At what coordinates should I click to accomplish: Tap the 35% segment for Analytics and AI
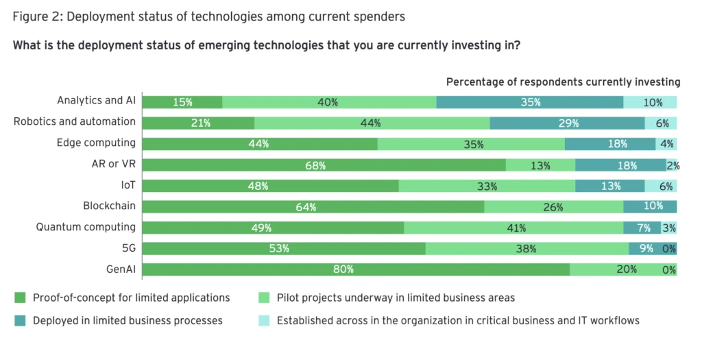click(x=530, y=102)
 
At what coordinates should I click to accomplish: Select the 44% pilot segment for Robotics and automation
click(x=372, y=123)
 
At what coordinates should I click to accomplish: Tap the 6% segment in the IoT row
click(x=661, y=186)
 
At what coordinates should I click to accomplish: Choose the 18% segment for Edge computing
click(x=610, y=144)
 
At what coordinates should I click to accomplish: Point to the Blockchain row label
click(x=109, y=205)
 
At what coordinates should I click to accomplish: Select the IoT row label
click(x=126, y=184)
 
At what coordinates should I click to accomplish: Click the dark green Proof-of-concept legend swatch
click(x=20, y=298)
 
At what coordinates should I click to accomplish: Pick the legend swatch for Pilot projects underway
click(x=264, y=298)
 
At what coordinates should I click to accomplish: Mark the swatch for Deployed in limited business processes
click(x=20, y=320)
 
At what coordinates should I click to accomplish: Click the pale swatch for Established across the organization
click(x=264, y=320)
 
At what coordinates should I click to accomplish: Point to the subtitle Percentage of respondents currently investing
click(x=563, y=82)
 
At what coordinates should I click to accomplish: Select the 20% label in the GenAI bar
click(x=627, y=269)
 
